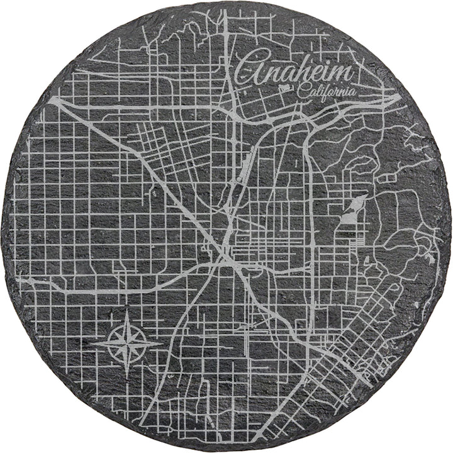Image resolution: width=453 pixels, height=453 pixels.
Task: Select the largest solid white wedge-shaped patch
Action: pyautogui.click(x=352, y=211)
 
